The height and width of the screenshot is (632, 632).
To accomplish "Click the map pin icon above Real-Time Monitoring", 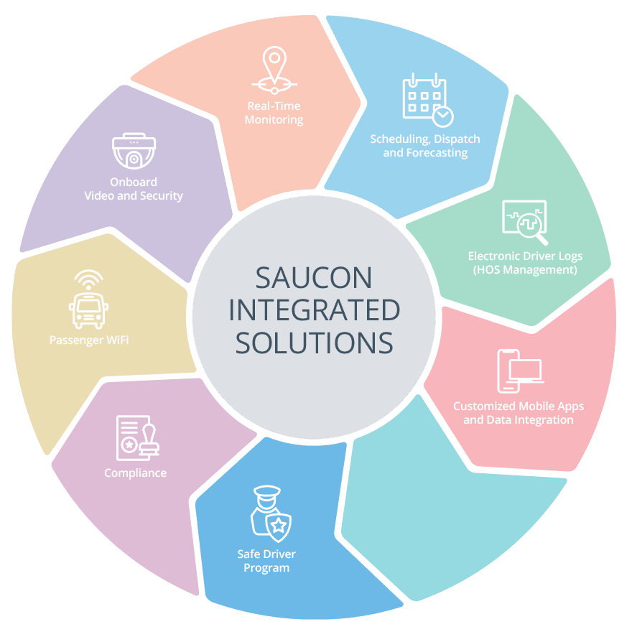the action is click(x=274, y=70).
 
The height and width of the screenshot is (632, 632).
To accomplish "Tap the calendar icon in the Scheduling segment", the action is click(x=424, y=96).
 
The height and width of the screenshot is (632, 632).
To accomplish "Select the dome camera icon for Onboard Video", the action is click(x=134, y=151).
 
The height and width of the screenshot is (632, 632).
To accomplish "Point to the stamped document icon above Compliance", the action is click(x=137, y=438).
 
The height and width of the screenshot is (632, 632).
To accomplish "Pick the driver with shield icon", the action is click(x=271, y=513).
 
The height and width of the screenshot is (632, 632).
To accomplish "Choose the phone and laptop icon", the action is click(x=520, y=371).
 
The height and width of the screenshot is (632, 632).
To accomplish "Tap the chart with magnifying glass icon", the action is click(x=525, y=222).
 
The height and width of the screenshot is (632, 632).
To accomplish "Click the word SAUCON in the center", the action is click(x=314, y=278).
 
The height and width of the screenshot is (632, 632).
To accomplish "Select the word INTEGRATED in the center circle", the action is click(x=315, y=310).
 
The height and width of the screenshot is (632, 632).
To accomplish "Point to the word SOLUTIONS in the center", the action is click(x=315, y=343).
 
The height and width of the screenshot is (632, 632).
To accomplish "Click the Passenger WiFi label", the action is click(x=89, y=340).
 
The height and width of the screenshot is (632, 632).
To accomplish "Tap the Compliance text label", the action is click(x=136, y=473).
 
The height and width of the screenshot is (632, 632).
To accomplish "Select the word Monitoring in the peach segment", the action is click(x=274, y=120).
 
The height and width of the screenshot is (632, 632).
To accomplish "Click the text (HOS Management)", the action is click(x=525, y=269).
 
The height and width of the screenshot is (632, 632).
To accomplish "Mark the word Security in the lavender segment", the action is click(x=162, y=196).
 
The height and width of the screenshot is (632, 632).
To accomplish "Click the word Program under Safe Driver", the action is click(x=266, y=568).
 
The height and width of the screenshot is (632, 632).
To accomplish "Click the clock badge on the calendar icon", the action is click(x=442, y=116).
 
